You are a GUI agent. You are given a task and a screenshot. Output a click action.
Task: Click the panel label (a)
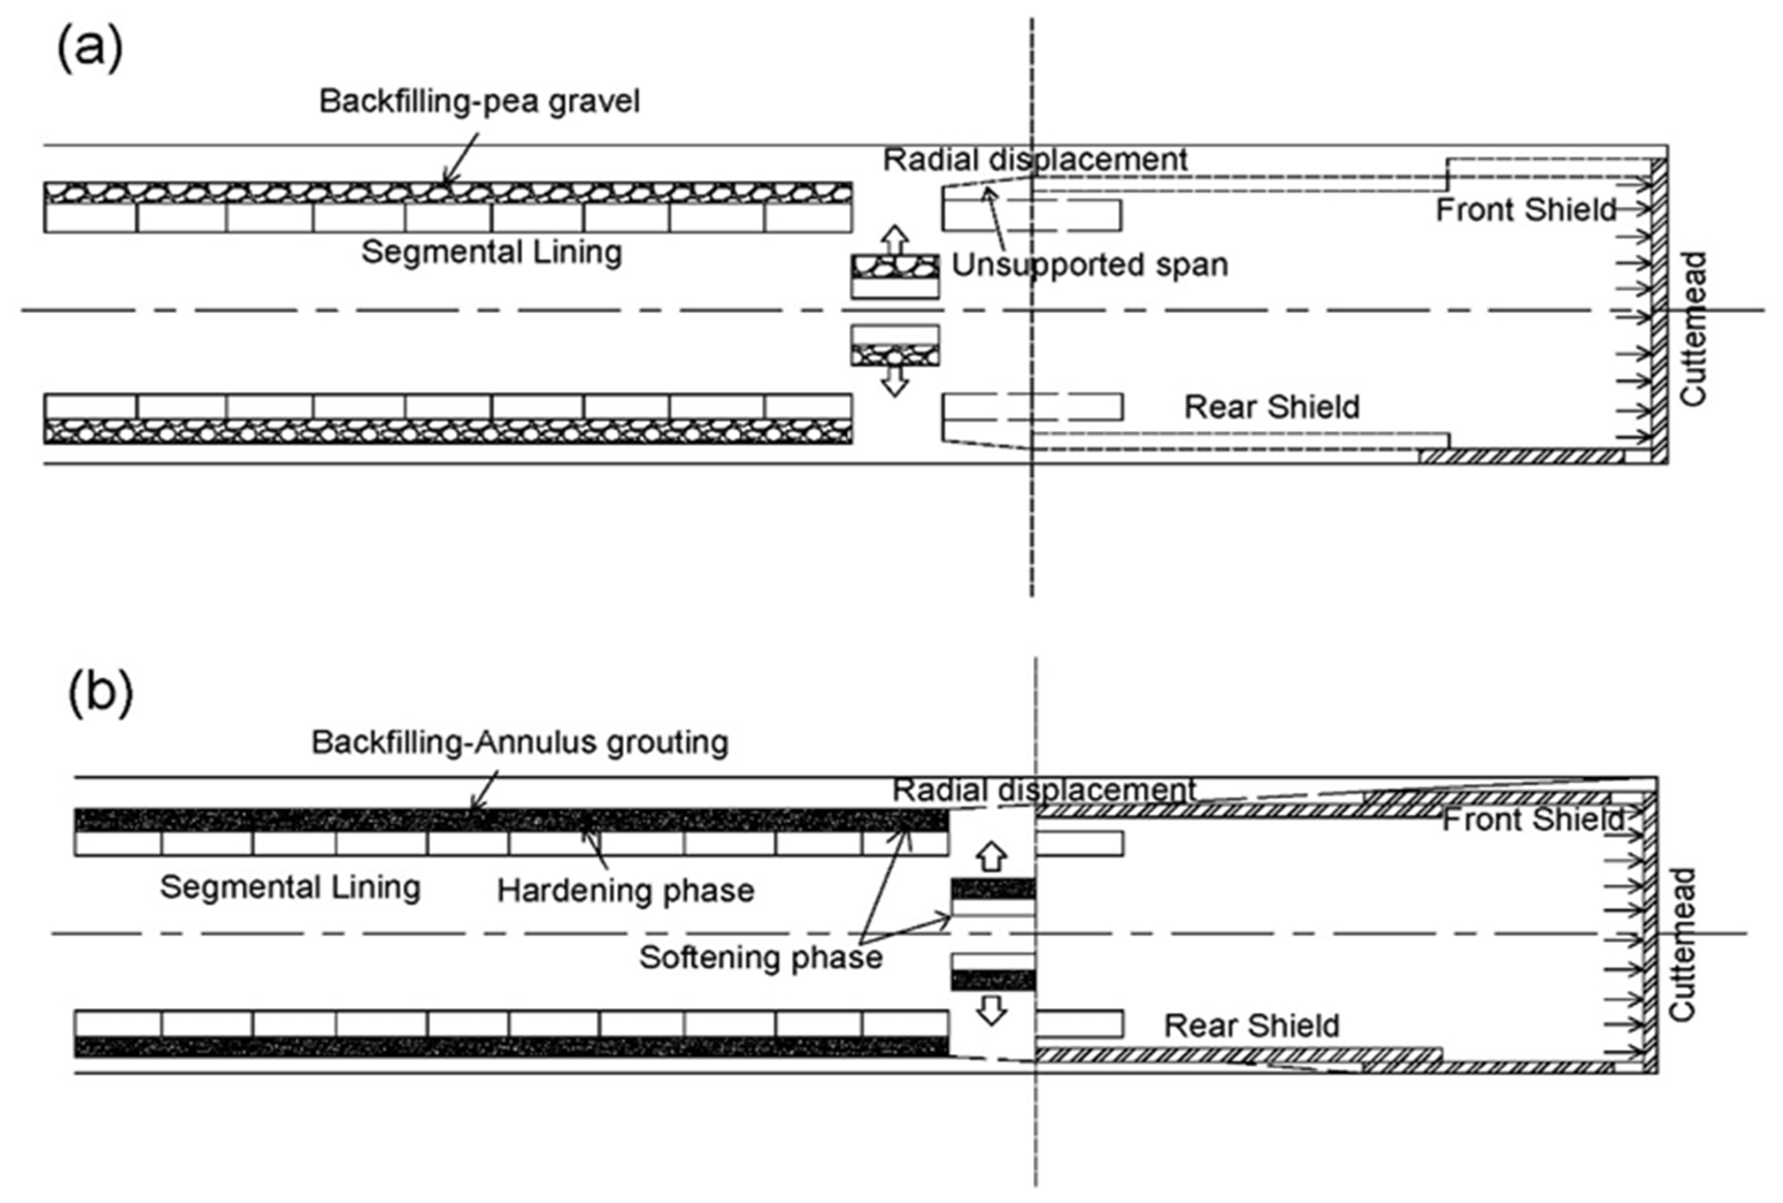point(90,48)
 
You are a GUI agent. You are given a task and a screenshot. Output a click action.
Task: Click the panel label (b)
point(101,692)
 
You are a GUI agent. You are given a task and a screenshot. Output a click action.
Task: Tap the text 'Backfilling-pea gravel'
point(479,101)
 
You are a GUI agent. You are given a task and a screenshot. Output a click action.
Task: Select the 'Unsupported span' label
point(1089,265)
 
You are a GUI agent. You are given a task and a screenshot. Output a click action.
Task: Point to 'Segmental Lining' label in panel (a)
point(491,252)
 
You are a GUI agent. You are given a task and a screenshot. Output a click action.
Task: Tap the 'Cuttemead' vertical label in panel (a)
point(1693,328)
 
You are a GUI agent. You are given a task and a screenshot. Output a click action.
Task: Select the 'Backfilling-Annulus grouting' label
point(519,743)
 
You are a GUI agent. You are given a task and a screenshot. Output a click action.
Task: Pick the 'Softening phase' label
point(761,958)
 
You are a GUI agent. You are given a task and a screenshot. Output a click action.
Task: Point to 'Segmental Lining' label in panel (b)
point(290,887)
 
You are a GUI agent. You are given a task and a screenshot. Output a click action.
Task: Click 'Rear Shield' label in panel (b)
point(1251,1026)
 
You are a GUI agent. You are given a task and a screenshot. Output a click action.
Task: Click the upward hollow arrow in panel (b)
point(992,856)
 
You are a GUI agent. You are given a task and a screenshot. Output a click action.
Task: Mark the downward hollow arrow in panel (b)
point(992,1010)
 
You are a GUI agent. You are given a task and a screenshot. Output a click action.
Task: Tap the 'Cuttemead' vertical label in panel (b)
point(1682,945)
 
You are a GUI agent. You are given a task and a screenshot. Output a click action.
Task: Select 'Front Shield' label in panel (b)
point(1532,820)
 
